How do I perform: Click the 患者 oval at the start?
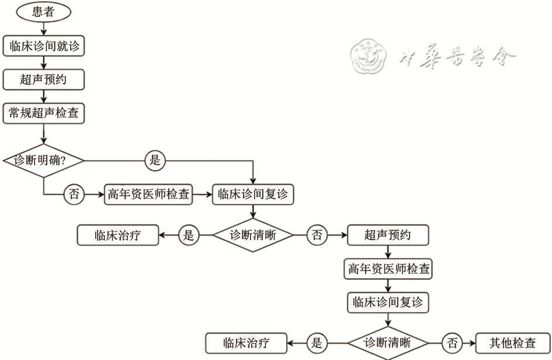[44, 11]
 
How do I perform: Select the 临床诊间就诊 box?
[44, 46]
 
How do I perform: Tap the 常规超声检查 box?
[44, 114]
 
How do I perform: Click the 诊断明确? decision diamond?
[44, 160]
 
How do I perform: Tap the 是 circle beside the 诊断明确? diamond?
[155, 160]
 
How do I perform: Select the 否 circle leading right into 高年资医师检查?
[74, 195]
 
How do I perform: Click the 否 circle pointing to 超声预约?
[317, 236]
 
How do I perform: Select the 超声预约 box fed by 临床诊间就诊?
[44, 80]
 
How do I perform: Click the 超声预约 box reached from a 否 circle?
[387, 236]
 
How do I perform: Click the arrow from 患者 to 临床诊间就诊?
[44, 28]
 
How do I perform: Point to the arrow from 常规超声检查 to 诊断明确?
[44, 133]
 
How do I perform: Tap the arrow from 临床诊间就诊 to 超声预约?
[44, 63]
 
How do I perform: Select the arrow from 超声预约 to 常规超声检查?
[44, 97]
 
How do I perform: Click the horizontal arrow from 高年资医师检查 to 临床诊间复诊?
[202, 195]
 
